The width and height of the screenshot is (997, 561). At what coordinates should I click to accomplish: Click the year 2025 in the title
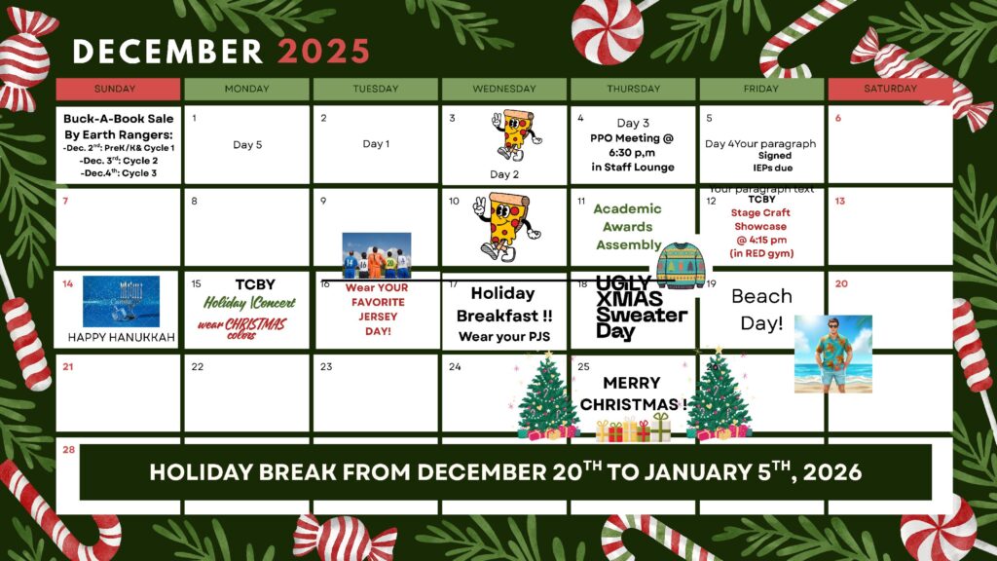click(323, 51)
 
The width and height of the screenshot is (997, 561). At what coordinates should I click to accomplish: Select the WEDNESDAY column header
click(504, 89)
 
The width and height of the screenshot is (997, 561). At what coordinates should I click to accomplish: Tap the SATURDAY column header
click(890, 89)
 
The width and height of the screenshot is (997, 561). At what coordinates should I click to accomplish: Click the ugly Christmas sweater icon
click(682, 266)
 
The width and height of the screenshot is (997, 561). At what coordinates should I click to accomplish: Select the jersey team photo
click(376, 255)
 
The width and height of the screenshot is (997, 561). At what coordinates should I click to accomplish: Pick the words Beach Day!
click(761, 310)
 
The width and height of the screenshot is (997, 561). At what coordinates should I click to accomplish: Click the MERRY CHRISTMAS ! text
click(633, 393)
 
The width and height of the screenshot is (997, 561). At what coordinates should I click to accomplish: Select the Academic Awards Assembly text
click(628, 227)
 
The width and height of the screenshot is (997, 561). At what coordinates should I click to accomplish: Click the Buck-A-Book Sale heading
click(118, 118)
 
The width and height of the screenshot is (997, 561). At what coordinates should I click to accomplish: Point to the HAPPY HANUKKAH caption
click(121, 337)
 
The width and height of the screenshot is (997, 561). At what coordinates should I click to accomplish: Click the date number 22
click(198, 367)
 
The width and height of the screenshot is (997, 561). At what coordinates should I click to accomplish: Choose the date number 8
click(195, 202)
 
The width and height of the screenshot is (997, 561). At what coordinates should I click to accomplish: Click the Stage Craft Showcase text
click(761, 219)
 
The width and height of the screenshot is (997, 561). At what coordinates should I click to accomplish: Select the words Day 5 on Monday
click(247, 144)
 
